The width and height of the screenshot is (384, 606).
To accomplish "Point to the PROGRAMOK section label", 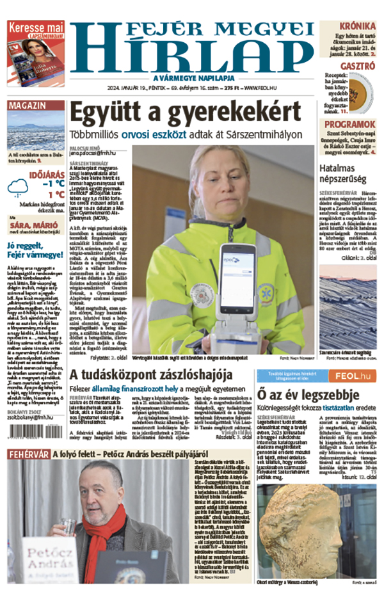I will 349,124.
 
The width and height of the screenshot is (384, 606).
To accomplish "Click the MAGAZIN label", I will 32,105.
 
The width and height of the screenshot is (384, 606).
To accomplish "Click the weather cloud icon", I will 17,187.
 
